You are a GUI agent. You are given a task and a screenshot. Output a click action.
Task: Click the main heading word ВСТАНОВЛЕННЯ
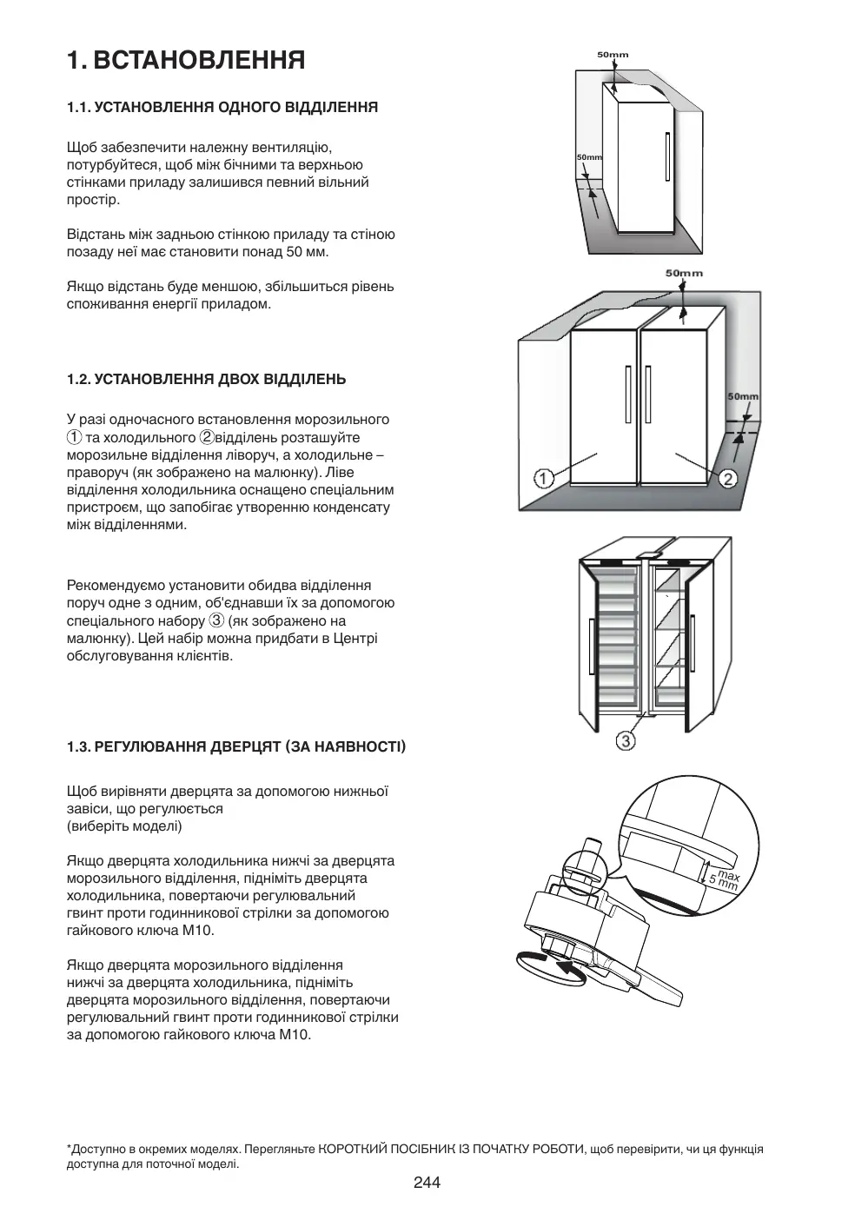199,60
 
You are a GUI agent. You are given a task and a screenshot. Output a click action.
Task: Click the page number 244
427,1182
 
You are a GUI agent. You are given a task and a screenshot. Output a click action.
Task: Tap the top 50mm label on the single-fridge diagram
613,55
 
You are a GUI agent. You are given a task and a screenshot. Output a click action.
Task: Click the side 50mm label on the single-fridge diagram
589,157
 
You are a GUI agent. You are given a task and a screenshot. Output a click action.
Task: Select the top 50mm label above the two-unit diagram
684,273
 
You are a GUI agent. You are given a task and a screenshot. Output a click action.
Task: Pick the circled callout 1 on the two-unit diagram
543,477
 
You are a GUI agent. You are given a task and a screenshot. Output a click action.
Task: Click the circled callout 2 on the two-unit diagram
728,478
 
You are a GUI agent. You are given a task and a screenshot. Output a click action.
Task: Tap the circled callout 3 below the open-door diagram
626,740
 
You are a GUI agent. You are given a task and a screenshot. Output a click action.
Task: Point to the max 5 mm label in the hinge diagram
723,880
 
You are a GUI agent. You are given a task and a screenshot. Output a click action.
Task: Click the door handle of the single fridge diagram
666,159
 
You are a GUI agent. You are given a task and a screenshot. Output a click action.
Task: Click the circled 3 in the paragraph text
216,620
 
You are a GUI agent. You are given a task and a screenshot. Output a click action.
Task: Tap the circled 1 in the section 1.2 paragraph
74,437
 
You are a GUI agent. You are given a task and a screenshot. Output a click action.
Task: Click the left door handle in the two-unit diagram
626,393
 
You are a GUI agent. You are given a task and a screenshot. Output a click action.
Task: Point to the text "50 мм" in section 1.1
310,252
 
